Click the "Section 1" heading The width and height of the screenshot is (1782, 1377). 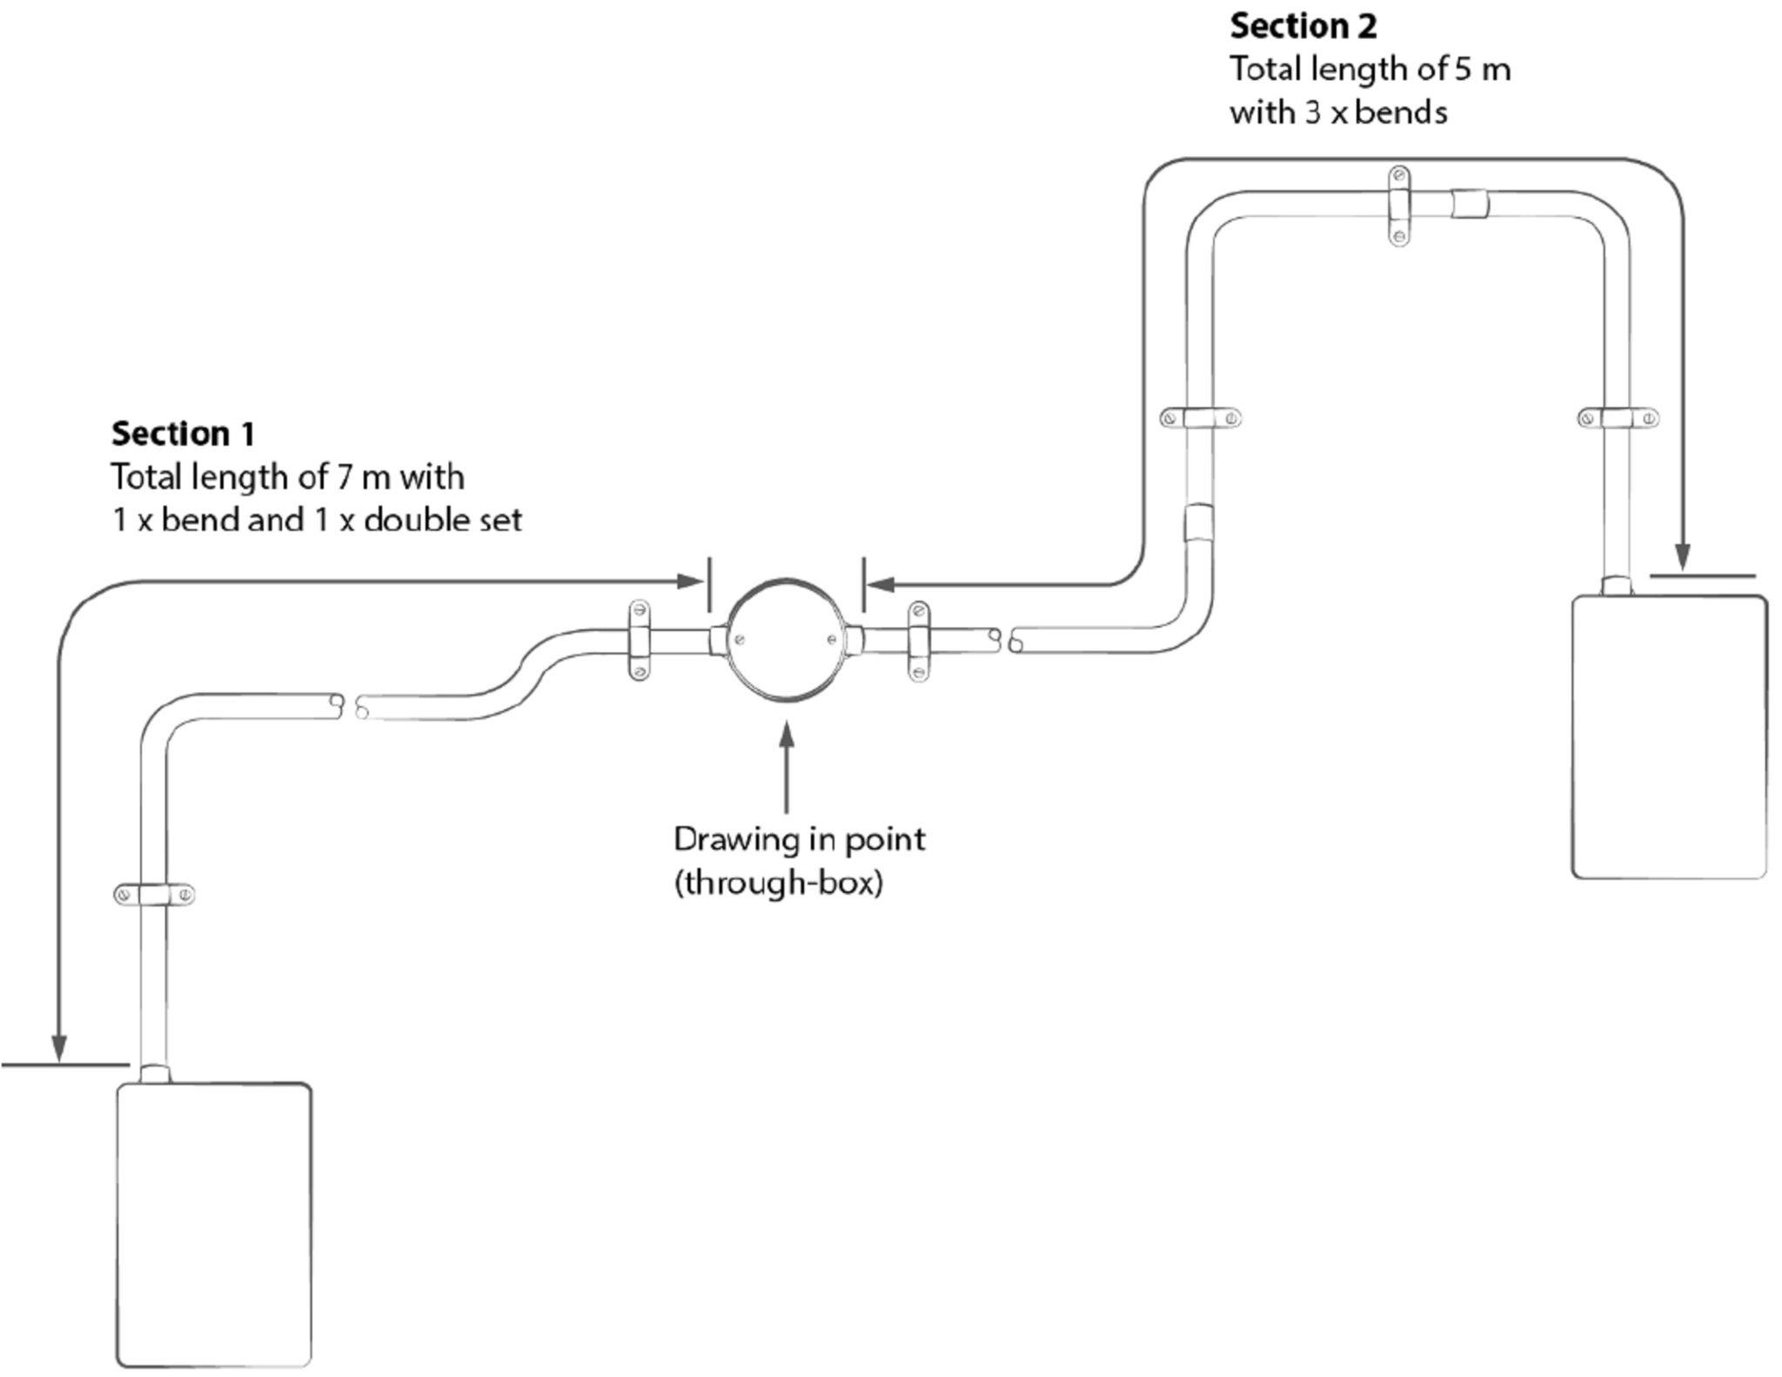pyautogui.click(x=183, y=433)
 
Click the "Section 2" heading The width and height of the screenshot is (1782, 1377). pyautogui.click(x=1303, y=27)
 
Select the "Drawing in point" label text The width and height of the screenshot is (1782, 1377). pyautogui.click(x=799, y=839)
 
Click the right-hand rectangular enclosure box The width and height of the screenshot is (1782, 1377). pyautogui.click(x=1669, y=736)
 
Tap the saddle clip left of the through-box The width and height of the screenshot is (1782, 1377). pyautogui.click(x=638, y=640)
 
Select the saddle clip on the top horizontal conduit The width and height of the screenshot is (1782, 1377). pyautogui.click(x=1398, y=205)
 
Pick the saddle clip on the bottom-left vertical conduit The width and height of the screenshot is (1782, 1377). pyautogui.click(x=154, y=894)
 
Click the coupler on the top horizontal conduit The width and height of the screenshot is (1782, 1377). pyautogui.click(x=1469, y=205)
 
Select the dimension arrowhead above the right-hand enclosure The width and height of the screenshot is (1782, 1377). pyautogui.click(x=1683, y=557)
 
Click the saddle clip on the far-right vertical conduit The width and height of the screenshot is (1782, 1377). pyautogui.click(x=1618, y=419)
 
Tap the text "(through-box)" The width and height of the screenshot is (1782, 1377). pyautogui.click(x=778, y=883)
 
